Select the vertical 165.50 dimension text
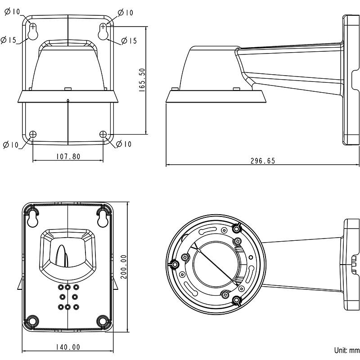pos(142,80)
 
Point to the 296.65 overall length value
pos(262,161)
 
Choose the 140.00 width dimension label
pos(68,347)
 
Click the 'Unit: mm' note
pos(346,350)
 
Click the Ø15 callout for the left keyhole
pos(9,40)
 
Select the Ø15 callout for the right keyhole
pos(129,41)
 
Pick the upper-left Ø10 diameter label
pos(12,12)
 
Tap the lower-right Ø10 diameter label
pos(124,144)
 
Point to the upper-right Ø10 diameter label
pos(126,13)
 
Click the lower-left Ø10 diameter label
pos(10,144)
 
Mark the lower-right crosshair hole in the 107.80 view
pos(103,134)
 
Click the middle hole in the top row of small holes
pos(68,287)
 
